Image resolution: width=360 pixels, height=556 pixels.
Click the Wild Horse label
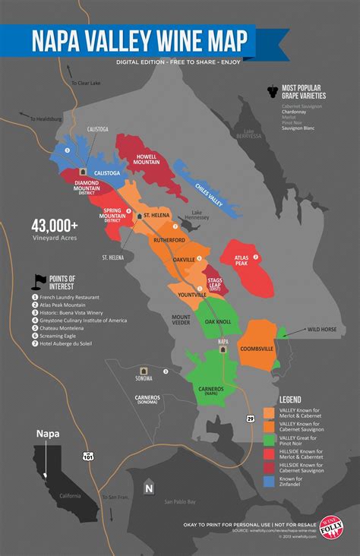(322, 330)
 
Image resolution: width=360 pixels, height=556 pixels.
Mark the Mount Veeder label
(181, 319)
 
